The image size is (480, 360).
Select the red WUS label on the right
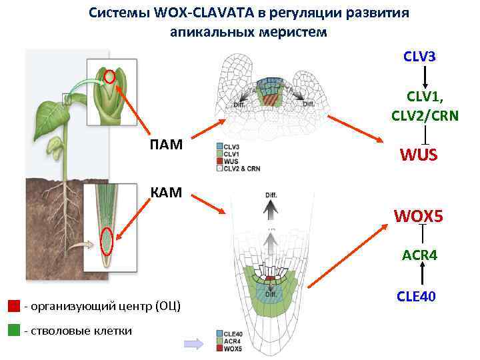(419, 155)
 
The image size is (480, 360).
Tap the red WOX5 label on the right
(419, 217)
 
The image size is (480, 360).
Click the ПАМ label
(167, 145)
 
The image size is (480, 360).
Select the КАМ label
(167, 193)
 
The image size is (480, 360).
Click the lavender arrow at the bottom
(193, 343)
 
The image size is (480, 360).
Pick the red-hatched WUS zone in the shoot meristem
(270, 99)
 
